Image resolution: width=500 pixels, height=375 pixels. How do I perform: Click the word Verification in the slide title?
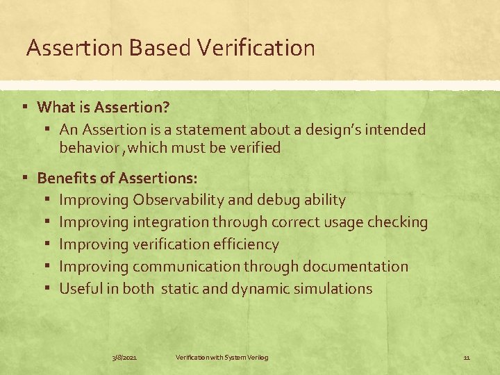click(256, 48)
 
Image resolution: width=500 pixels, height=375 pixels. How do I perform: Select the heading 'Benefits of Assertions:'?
click(117, 178)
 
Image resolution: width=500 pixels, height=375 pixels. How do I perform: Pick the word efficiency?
click(246, 244)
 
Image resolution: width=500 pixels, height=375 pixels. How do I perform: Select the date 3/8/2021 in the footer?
click(125, 357)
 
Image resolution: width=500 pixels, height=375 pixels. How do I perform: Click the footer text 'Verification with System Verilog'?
click(222, 357)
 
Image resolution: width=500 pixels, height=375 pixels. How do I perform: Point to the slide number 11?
click(467, 357)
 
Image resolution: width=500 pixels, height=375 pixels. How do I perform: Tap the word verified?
click(253, 147)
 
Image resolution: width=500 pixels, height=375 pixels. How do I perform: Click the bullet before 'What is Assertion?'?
click(24, 107)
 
